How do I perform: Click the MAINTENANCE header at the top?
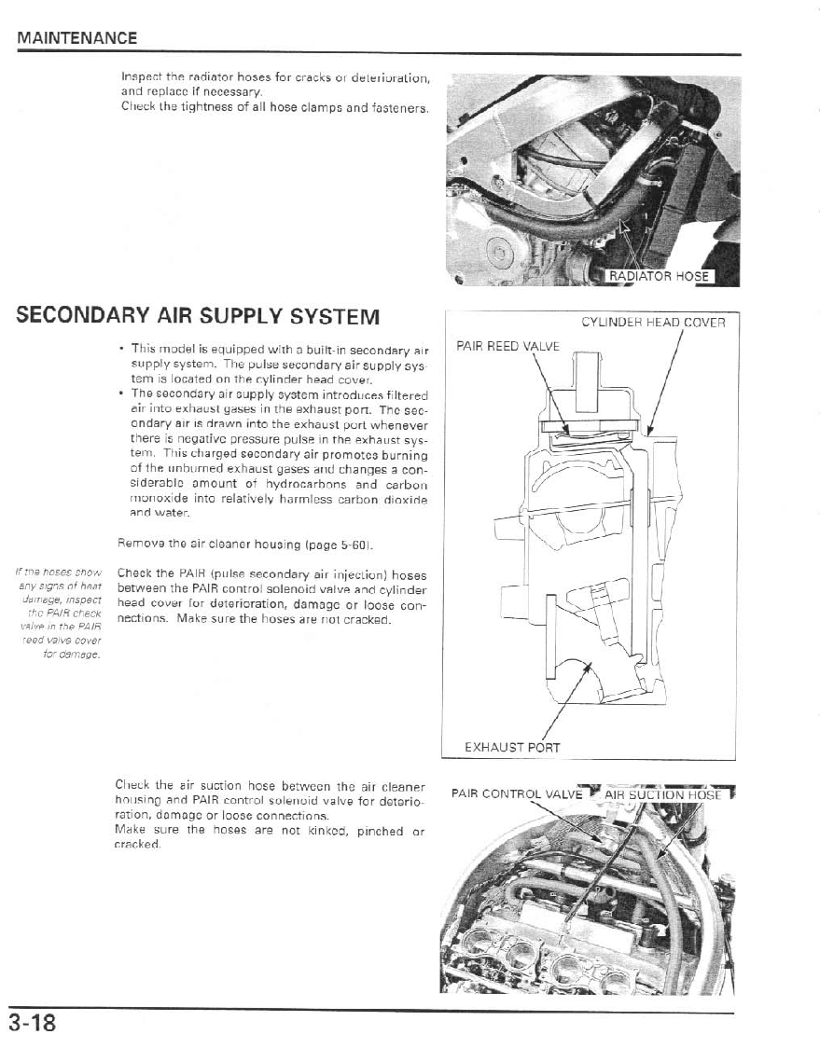click(x=76, y=38)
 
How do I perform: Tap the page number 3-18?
click(x=34, y=1024)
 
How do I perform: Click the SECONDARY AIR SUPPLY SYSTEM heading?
click(x=198, y=316)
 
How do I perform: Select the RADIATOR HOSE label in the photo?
click(x=660, y=276)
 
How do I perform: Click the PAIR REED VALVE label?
click(x=507, y=346)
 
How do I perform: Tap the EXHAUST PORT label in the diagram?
click(x=512, y=747)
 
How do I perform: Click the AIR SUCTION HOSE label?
click(x=663, y=794)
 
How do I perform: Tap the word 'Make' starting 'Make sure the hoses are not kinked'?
click(x=128, y=831)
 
